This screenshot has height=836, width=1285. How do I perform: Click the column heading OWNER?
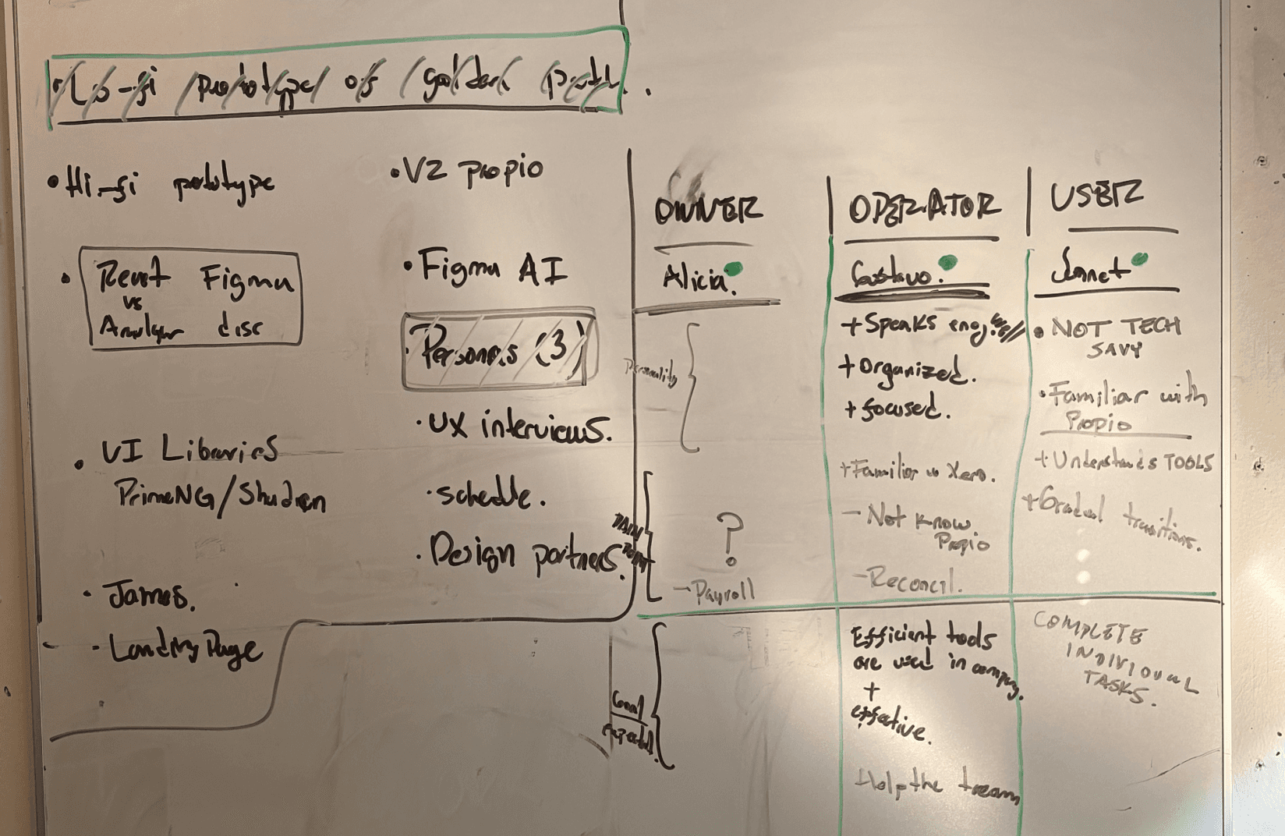click(706, 211)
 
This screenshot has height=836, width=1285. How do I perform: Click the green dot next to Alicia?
click(735, 270)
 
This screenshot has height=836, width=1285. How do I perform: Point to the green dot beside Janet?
click(1140, 259)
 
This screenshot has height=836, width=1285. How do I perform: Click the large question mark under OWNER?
click(730, 538)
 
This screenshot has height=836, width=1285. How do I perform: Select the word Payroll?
click(723, 593)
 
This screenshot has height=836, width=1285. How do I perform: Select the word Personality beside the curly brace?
click(651, 372)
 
